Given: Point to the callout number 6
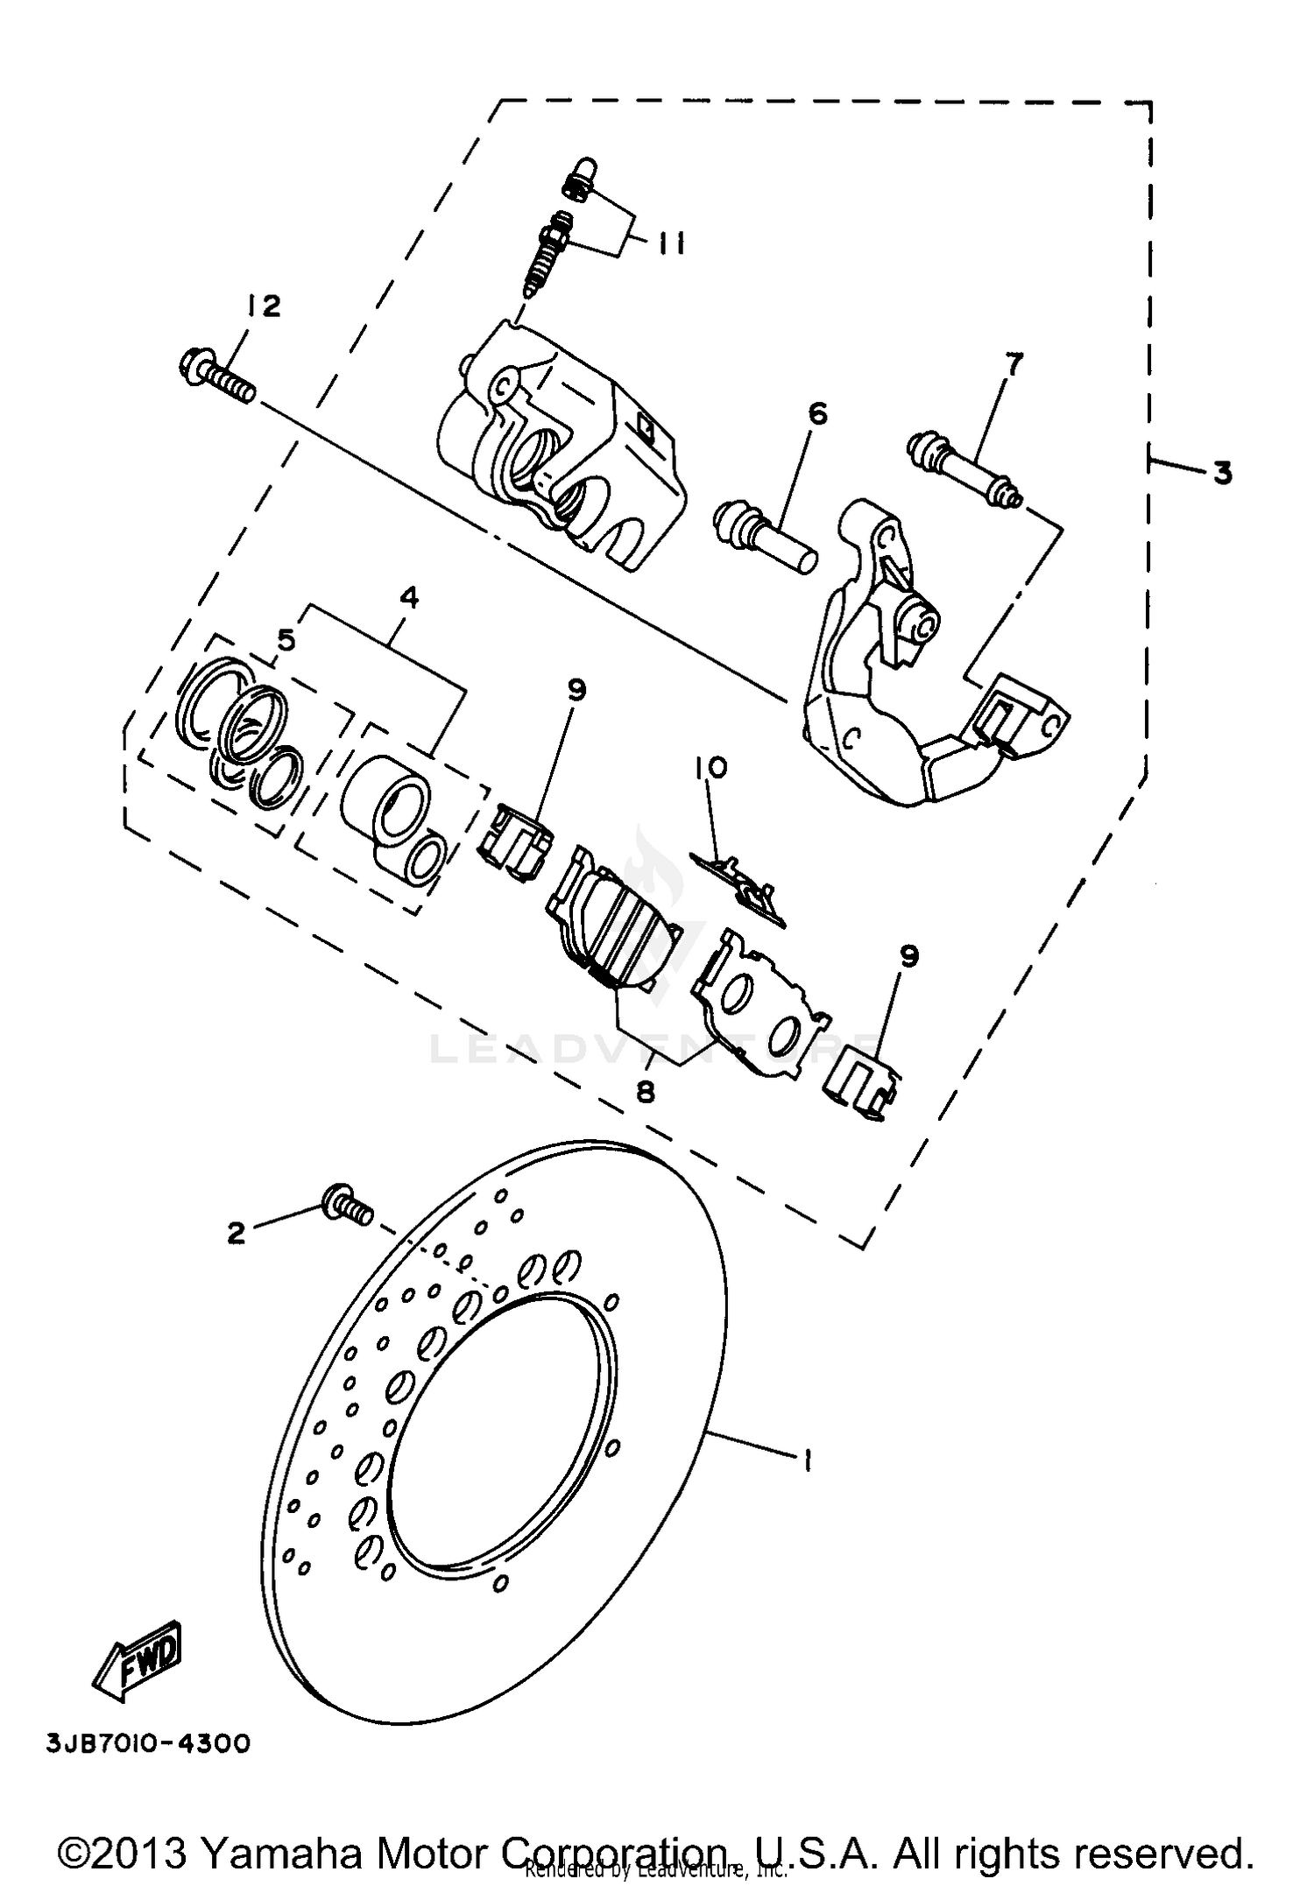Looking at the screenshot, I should click(x=817, y=413).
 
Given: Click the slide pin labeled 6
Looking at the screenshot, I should click(x=765, y=536).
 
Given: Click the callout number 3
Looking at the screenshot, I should click(x=1222, y=473).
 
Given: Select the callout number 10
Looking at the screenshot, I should click(x=710, y=768).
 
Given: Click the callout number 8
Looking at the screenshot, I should click(x=646, y=1092).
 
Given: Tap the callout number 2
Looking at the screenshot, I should click(x=236, y=1234).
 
